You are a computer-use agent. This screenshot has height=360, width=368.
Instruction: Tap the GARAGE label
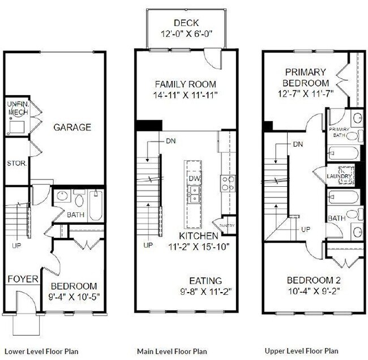click(x=72, y=127)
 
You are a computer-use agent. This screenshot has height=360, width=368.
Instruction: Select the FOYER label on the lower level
click(x=23, y=279)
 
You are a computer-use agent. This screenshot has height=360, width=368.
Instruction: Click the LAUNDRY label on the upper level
click(x=340, y=176)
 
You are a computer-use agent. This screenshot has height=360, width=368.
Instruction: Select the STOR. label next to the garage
click(x=14, y=164)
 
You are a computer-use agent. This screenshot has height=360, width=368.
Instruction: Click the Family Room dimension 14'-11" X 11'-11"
click(x=186, y=96)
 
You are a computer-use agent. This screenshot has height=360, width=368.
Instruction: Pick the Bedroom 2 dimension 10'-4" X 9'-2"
click(x=313, y=291)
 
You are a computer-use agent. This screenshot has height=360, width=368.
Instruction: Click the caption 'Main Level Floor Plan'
click(x=172, y=351)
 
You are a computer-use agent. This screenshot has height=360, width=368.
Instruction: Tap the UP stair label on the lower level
click(x=16, y=246)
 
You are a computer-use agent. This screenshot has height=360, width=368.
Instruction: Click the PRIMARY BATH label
click(x=339, y=132)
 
